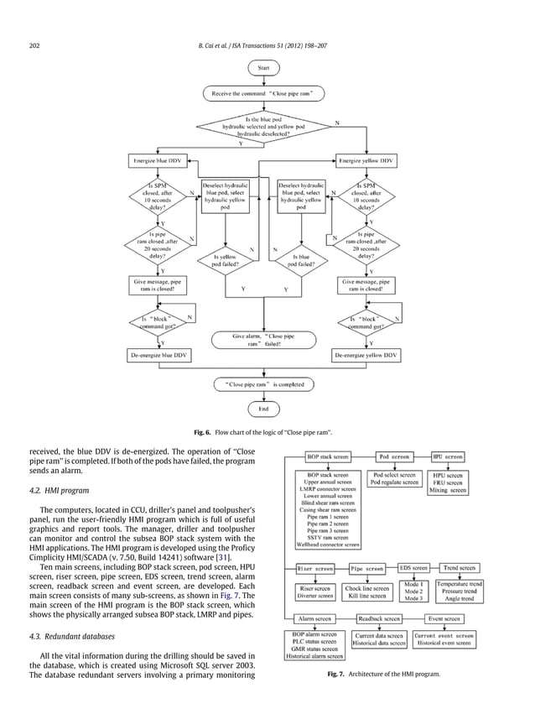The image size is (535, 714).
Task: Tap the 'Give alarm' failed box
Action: coord(264,340)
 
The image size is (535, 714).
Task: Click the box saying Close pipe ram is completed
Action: coord(264,383)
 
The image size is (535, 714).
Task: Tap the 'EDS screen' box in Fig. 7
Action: coord(413,568)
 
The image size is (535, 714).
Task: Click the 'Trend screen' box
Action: coord(460,568)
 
